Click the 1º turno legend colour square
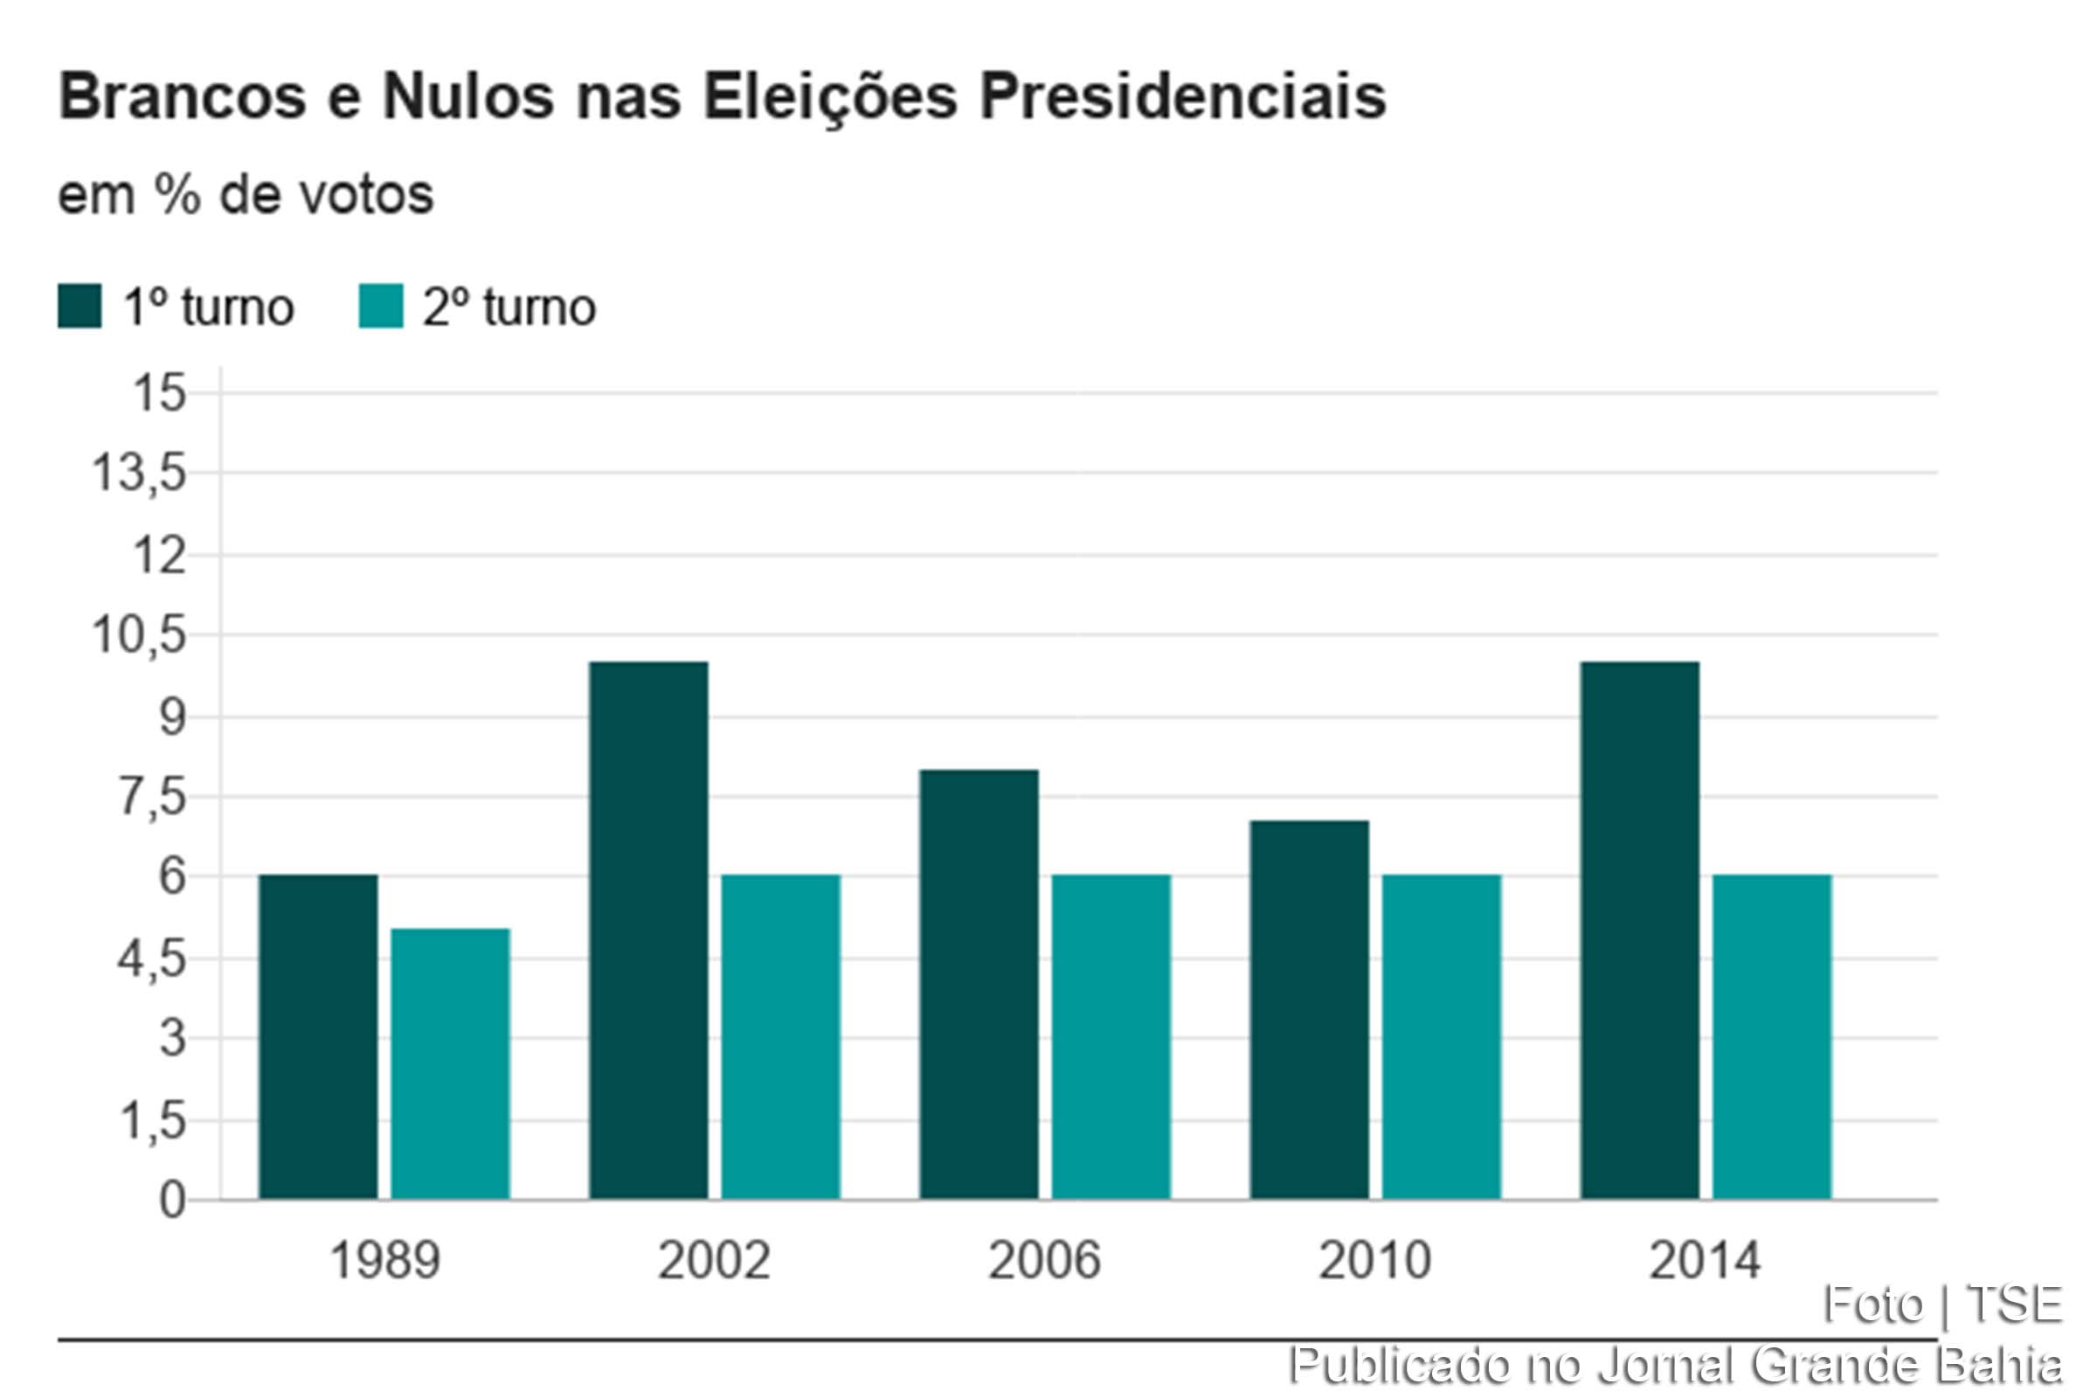click(x=80, y=307)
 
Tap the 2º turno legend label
click(x=509, y=308)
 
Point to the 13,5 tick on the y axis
click(x=139, y=474)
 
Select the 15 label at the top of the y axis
click(x=159, y=393)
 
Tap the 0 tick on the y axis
click(x=172, y=1201)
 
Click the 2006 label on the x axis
click(x=1044, y=1261)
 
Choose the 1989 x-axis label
click(x=384, y=1261)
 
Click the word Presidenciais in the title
click(x=1182, y=96)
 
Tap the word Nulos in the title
click(x=468, y=96)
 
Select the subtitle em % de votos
click(x=246, y=194)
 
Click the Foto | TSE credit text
click(x=1941, y=1305)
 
